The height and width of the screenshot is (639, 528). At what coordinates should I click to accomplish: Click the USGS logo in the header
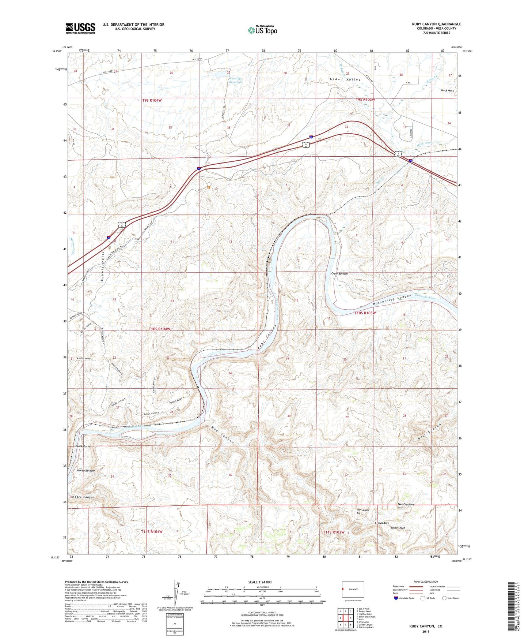click(80, 28)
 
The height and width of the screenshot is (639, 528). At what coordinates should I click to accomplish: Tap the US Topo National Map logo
click(262, 30)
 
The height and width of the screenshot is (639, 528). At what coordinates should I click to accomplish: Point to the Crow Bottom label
click(339, 273)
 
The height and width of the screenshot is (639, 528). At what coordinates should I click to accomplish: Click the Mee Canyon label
click(223, 435)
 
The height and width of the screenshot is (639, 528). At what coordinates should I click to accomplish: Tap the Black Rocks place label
click(83, 446)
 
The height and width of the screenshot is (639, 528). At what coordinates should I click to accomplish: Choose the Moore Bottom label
click(86, 471)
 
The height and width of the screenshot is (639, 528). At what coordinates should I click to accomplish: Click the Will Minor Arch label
click(363, 511)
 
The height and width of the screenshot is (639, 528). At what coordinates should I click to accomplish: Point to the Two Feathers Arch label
click(406, 506)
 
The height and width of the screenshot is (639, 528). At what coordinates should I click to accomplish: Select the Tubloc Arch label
click(398, 528)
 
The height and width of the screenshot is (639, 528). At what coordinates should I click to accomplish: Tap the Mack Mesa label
click(448, 90)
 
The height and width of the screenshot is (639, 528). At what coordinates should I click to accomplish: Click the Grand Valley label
click(345, 79)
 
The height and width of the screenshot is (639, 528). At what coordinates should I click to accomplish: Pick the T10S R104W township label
click(160, 329)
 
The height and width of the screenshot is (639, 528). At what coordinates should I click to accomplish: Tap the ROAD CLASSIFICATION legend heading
click(426, 582)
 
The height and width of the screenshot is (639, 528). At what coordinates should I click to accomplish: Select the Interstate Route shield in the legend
click(396, 598)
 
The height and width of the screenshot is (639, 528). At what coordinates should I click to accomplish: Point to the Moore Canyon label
click(83, 497)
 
